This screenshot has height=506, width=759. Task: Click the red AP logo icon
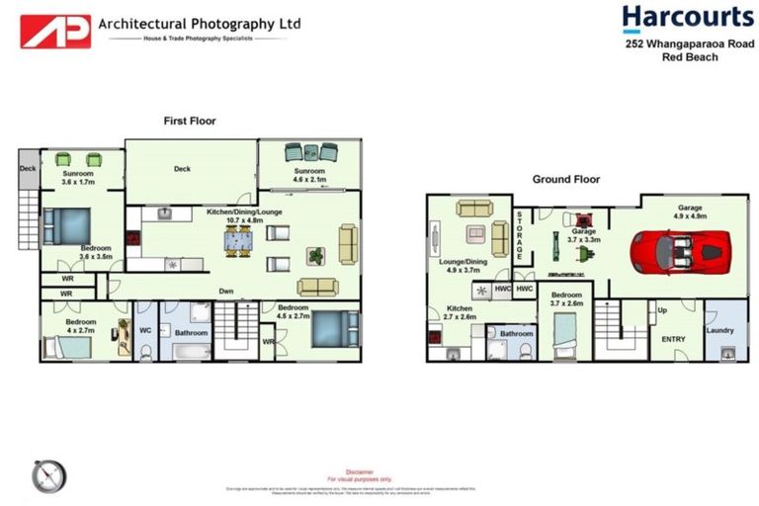(55, 31)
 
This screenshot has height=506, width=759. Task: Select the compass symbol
(47, 476)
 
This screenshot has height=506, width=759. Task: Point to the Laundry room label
(719, 330)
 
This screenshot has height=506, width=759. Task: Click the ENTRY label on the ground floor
(673, 339)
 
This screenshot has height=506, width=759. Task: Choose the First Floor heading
(190, 121)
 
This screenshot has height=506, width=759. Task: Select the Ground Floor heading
(566, 179)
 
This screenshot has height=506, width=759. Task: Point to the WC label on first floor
(145, 330)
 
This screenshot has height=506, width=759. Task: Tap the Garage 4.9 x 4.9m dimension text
(689, 216)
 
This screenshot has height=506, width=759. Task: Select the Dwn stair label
(226, 291)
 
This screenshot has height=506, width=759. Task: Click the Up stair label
(661, 310)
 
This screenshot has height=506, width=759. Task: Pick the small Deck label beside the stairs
(27, 168)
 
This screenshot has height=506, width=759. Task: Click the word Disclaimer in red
(360, 472)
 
